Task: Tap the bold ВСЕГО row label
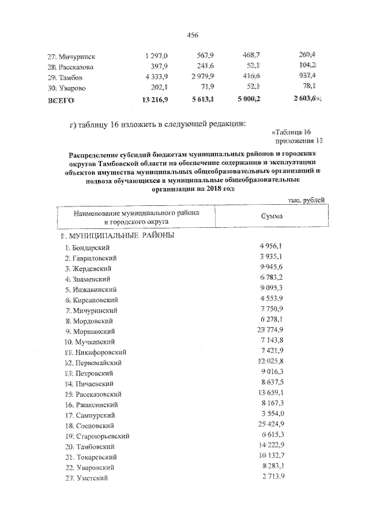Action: (x=61, y=100)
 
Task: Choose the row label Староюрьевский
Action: (x=104, y=435)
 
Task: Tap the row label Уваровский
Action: (x=97, y=467)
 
